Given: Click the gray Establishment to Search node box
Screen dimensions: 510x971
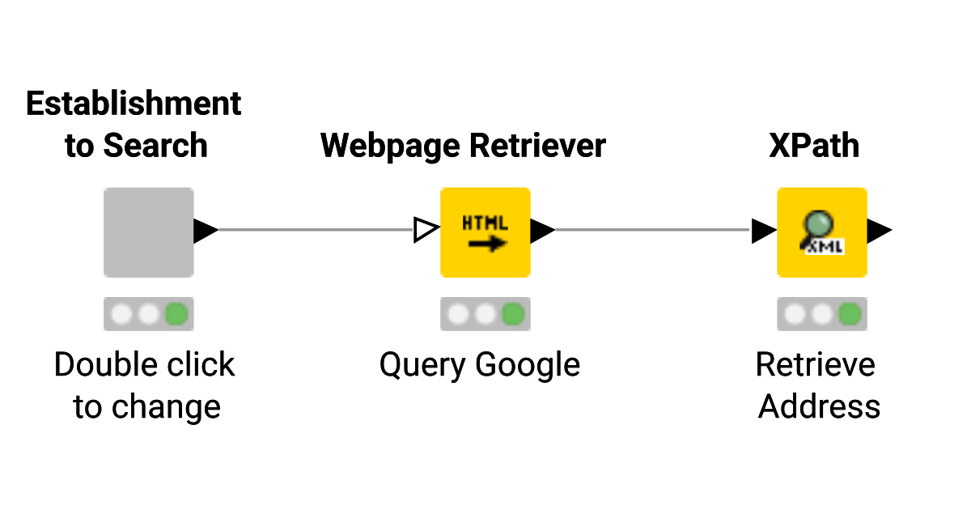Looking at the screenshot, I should click(x=148, y=232).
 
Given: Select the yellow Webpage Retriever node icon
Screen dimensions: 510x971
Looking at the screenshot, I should click(x=485, y=232).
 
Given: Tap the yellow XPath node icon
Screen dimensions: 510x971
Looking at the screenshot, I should click(x=821, y=232).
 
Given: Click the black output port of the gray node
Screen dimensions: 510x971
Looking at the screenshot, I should click(x=205, y=231).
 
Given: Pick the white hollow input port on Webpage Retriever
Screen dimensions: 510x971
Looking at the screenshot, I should click(x=425, y=231).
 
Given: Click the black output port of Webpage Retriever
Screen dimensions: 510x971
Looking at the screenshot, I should click(x=541, y=231).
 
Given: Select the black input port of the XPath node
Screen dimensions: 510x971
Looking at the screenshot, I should click(x=763, y=231).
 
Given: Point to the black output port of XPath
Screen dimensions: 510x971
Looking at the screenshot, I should click(x=879, y=231).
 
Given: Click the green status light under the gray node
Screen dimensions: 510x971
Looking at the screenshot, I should click(x=176, y=314).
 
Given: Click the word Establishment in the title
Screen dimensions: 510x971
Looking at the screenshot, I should click(x=134, y=104).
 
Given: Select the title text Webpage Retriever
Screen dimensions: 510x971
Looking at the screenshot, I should click(x=463, y=146).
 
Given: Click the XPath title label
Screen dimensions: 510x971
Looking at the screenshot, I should click(x=814, y=146).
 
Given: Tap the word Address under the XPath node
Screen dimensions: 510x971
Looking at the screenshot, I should click(x=819, y=406).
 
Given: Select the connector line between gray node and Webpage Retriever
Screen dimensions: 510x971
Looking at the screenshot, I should click(x=316, y=230).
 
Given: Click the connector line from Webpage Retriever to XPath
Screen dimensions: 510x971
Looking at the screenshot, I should click(x=652, y=230).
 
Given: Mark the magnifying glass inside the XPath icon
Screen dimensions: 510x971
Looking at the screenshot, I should click(x=817, y=224).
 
